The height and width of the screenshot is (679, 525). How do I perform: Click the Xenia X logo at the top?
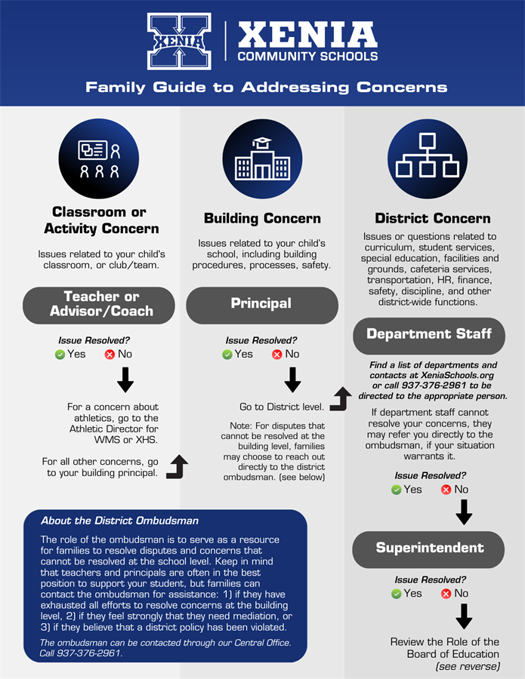click(x=179, y=41)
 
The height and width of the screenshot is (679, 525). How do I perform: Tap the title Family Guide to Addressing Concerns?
click(x=266, y=88)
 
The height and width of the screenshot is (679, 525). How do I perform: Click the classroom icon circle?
click(x=98, y=158)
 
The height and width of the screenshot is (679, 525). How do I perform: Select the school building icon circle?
click(x=262, y=158)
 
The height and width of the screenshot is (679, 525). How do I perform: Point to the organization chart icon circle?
click(x=427, y=158)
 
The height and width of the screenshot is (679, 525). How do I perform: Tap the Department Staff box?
click(x=429, y=334)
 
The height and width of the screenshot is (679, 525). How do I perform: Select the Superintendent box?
click(x=429, y=548)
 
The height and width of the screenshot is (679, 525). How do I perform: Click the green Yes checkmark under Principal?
click(x=227, y=355)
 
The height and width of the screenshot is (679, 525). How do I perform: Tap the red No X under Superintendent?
click(x=446, y=594)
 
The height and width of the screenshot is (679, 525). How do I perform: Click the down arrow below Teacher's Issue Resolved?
click(x=125, y=380)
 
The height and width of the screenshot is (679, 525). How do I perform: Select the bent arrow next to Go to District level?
click(x=341, y=399)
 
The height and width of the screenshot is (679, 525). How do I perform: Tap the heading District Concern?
click(x=432, y=219)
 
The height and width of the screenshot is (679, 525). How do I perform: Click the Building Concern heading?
click(x=262, y=219)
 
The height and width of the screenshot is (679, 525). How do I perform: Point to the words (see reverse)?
click(x=468, y=667)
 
